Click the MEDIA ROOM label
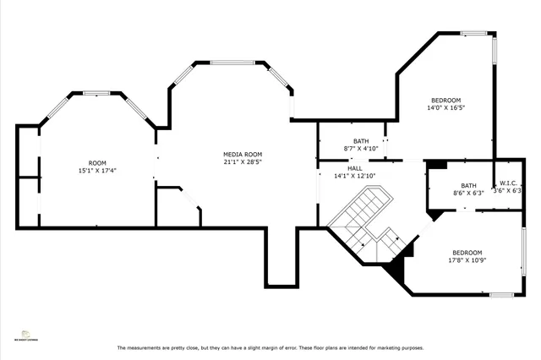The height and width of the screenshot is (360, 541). [x=240, y=155]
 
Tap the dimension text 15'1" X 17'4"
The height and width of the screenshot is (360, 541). [x=98, y=171]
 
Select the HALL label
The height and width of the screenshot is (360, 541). [x=355, y=168]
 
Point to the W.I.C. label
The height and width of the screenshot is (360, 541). [x=508, y=183]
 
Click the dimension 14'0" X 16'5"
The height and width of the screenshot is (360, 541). [x=445, y=107]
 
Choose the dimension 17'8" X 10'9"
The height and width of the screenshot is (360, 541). [x=466, y=260]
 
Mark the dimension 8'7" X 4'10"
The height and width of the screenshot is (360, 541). [x=360, y=149]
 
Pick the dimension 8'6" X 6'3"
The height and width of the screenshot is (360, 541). [x=468, y=193]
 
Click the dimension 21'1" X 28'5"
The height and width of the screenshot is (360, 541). [x=240, y=162]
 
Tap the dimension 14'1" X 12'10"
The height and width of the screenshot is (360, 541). [x=355, y=176]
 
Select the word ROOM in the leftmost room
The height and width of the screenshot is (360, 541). [x=98, y=163]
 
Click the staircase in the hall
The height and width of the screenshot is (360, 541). [x=369, y=221]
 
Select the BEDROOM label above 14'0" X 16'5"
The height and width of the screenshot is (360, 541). [x=445, y=100]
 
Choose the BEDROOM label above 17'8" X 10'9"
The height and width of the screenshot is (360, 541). [x=466, y=253]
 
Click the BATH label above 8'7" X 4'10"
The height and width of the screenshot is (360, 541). [x=361, y=141]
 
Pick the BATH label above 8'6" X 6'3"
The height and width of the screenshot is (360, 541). [x=468, y=185]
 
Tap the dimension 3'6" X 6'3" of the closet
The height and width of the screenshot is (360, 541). [x=508, y=190]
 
